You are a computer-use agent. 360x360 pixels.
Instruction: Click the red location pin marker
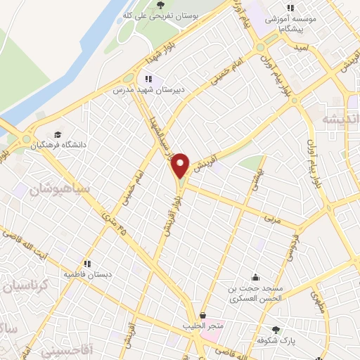click(181, 165)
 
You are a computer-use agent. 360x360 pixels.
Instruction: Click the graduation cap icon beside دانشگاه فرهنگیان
click(56, 134)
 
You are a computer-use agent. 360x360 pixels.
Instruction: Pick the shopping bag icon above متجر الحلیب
click(203, 316)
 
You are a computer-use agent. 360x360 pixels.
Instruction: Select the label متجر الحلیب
click(203, 326)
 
